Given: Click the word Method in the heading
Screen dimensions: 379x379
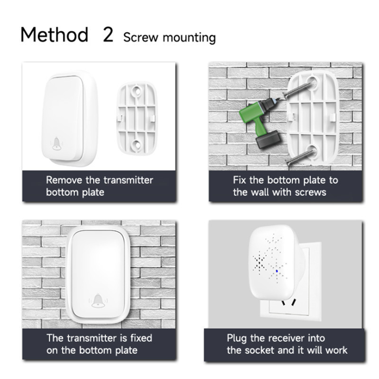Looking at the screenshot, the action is point(54,35).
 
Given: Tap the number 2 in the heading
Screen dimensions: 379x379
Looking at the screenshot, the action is point(108,35).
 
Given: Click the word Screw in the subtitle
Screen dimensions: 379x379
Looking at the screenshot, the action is point(141,37).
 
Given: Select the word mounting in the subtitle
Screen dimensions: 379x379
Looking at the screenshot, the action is point(189,38).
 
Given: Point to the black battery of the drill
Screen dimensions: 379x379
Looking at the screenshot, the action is point(268,139).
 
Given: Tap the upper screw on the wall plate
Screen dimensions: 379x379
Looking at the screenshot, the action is point(297,90).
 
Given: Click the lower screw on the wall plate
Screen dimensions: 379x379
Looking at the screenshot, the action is point(300,157).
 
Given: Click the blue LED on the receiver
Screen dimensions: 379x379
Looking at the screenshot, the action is point(277,271).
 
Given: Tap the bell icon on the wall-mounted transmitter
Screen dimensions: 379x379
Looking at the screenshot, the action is point(98,301).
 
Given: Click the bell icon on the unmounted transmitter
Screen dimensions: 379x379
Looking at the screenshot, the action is point(56,144).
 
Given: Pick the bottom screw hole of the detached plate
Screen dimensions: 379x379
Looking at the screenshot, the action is point(136,145).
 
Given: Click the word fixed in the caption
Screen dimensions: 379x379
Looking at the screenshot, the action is point(141,338).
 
